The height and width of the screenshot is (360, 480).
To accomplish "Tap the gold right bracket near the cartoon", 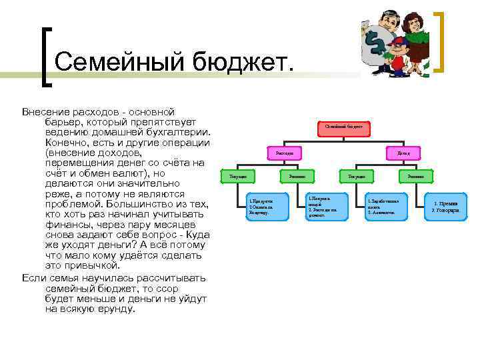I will tap(441, 41).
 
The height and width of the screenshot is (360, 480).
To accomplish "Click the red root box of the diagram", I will tap(344, 126).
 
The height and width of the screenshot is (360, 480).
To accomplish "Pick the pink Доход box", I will tap(404, 153).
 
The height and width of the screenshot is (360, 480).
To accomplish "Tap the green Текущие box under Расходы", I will tap(238, 177).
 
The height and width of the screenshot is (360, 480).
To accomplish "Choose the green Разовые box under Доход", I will tap(416, 177).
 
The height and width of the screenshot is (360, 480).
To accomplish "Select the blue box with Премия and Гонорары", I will tap(445, 207).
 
